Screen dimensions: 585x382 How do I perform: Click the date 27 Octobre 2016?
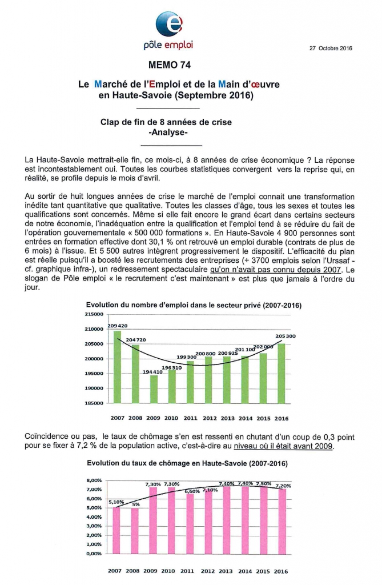[x=331, y=48]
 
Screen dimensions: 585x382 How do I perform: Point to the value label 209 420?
[x=116, y=326]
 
